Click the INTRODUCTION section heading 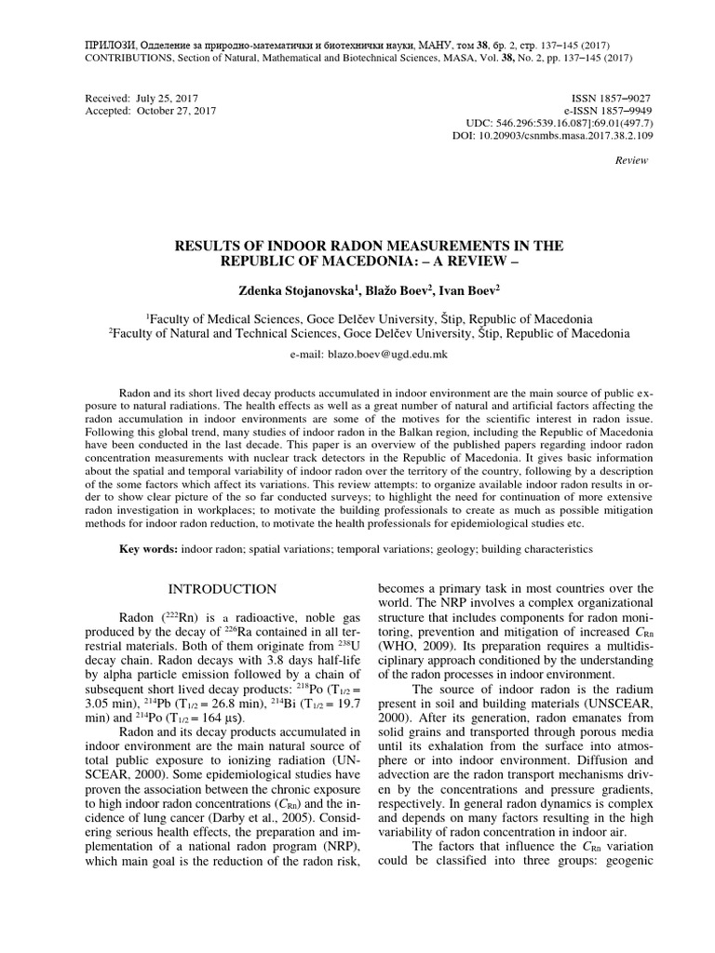coord(221,589)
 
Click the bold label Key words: coord(149,549)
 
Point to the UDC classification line coord(559,123)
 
